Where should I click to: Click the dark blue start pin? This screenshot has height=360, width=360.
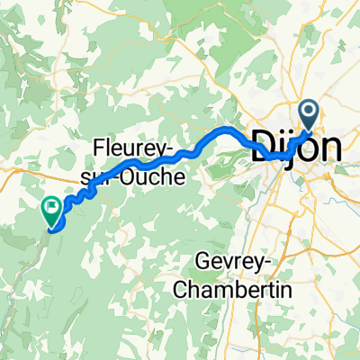click(309, 115)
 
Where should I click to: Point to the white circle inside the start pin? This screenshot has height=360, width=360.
click(309, 112)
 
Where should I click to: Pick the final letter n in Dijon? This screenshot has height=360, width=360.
click(331, 147)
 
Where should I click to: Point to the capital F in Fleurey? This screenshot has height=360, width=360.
click(99, 145)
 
